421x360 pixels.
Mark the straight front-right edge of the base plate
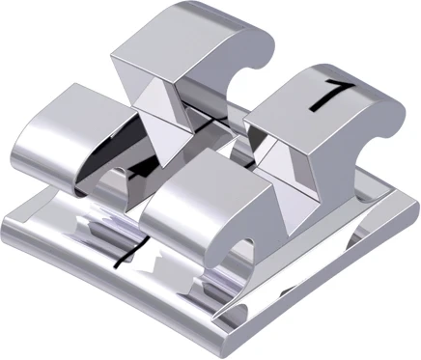point(319,280)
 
